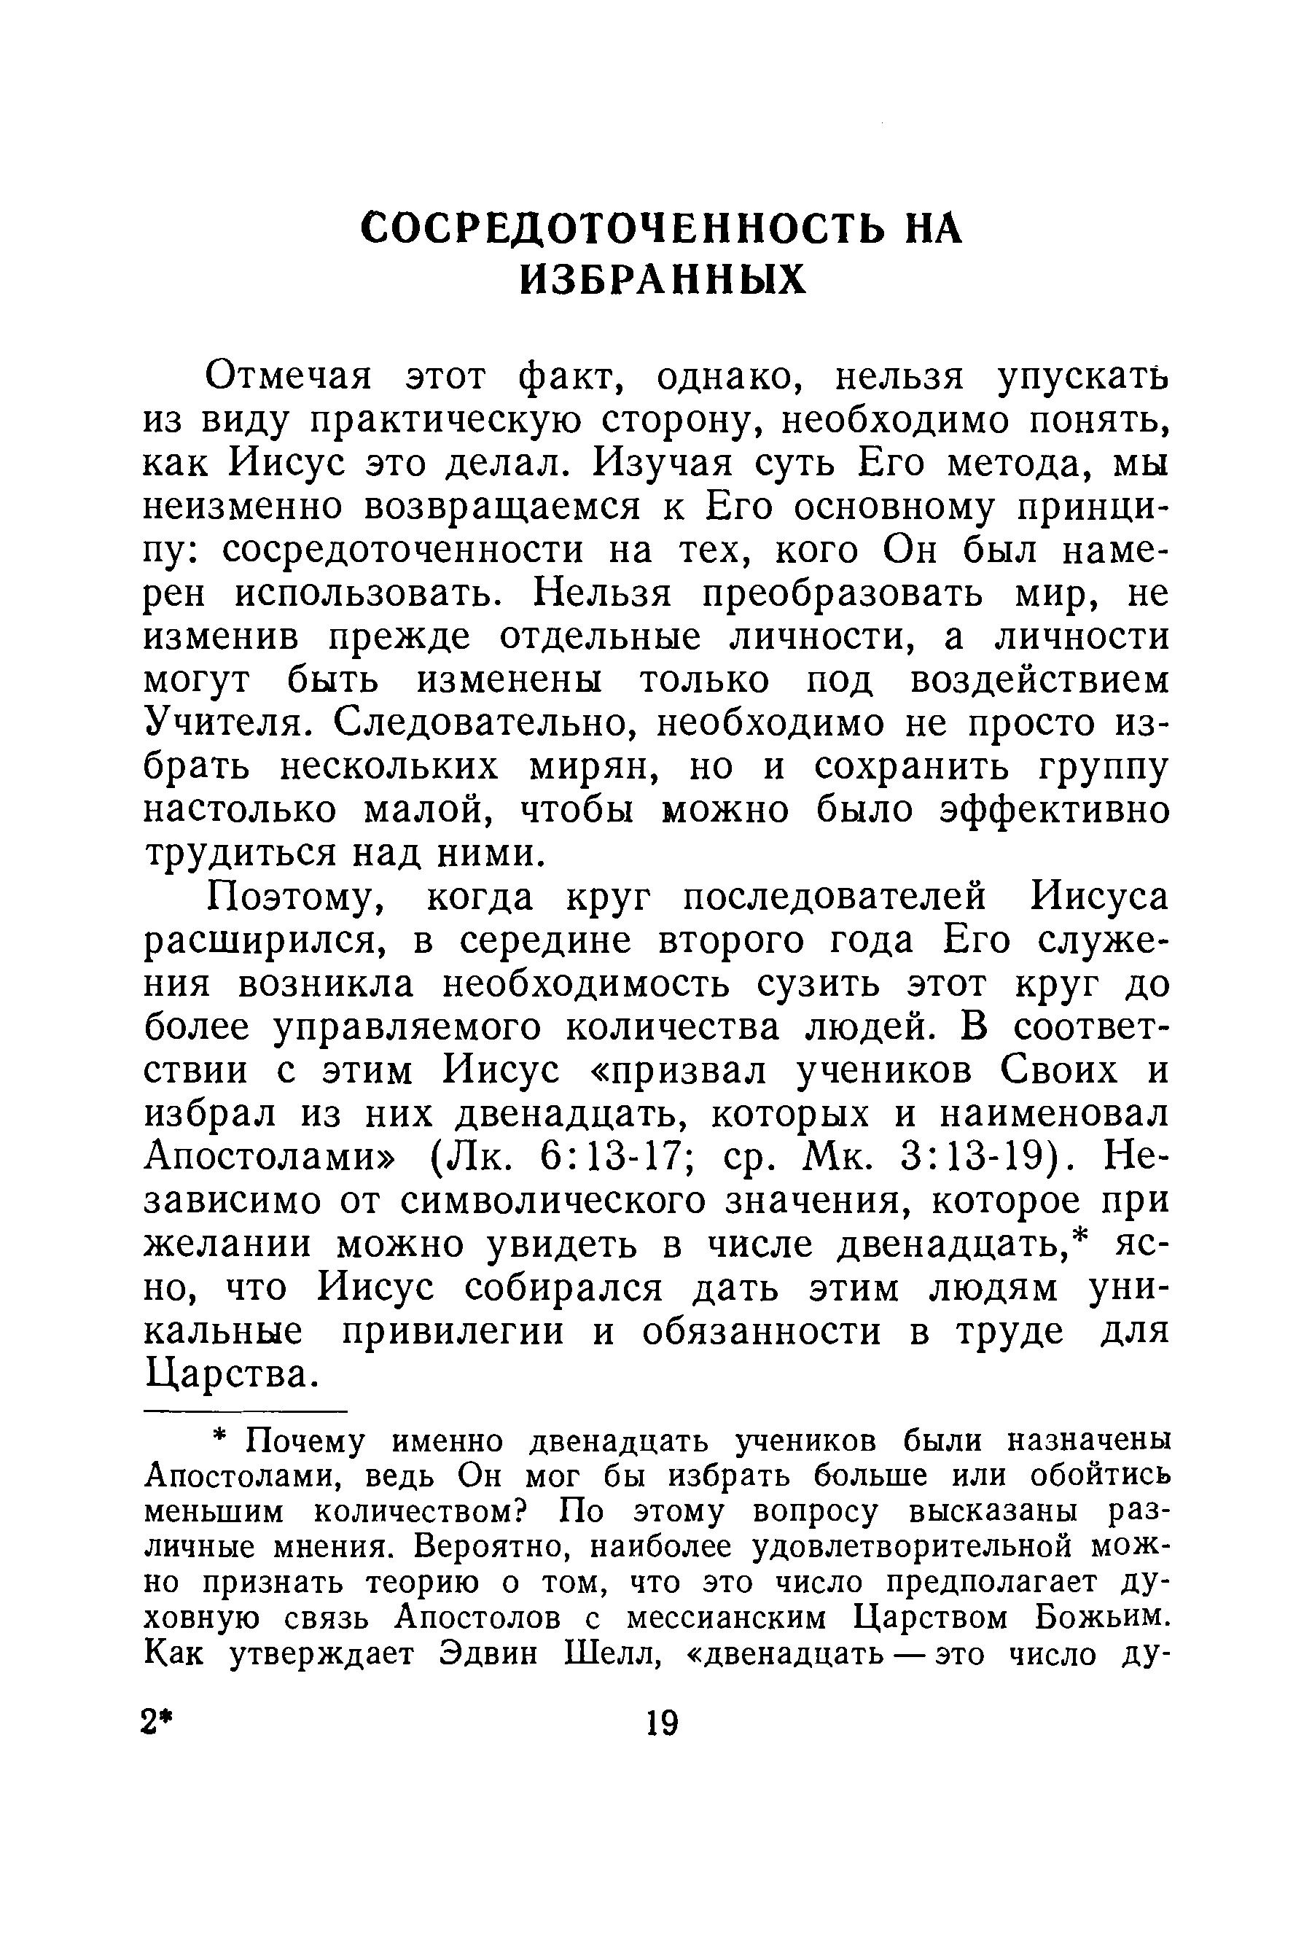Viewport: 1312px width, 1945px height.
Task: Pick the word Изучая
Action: pyautogui.click(x=661, y=463)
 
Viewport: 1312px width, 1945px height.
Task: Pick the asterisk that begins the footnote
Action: pyautogui.click(x=219, y=1441)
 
